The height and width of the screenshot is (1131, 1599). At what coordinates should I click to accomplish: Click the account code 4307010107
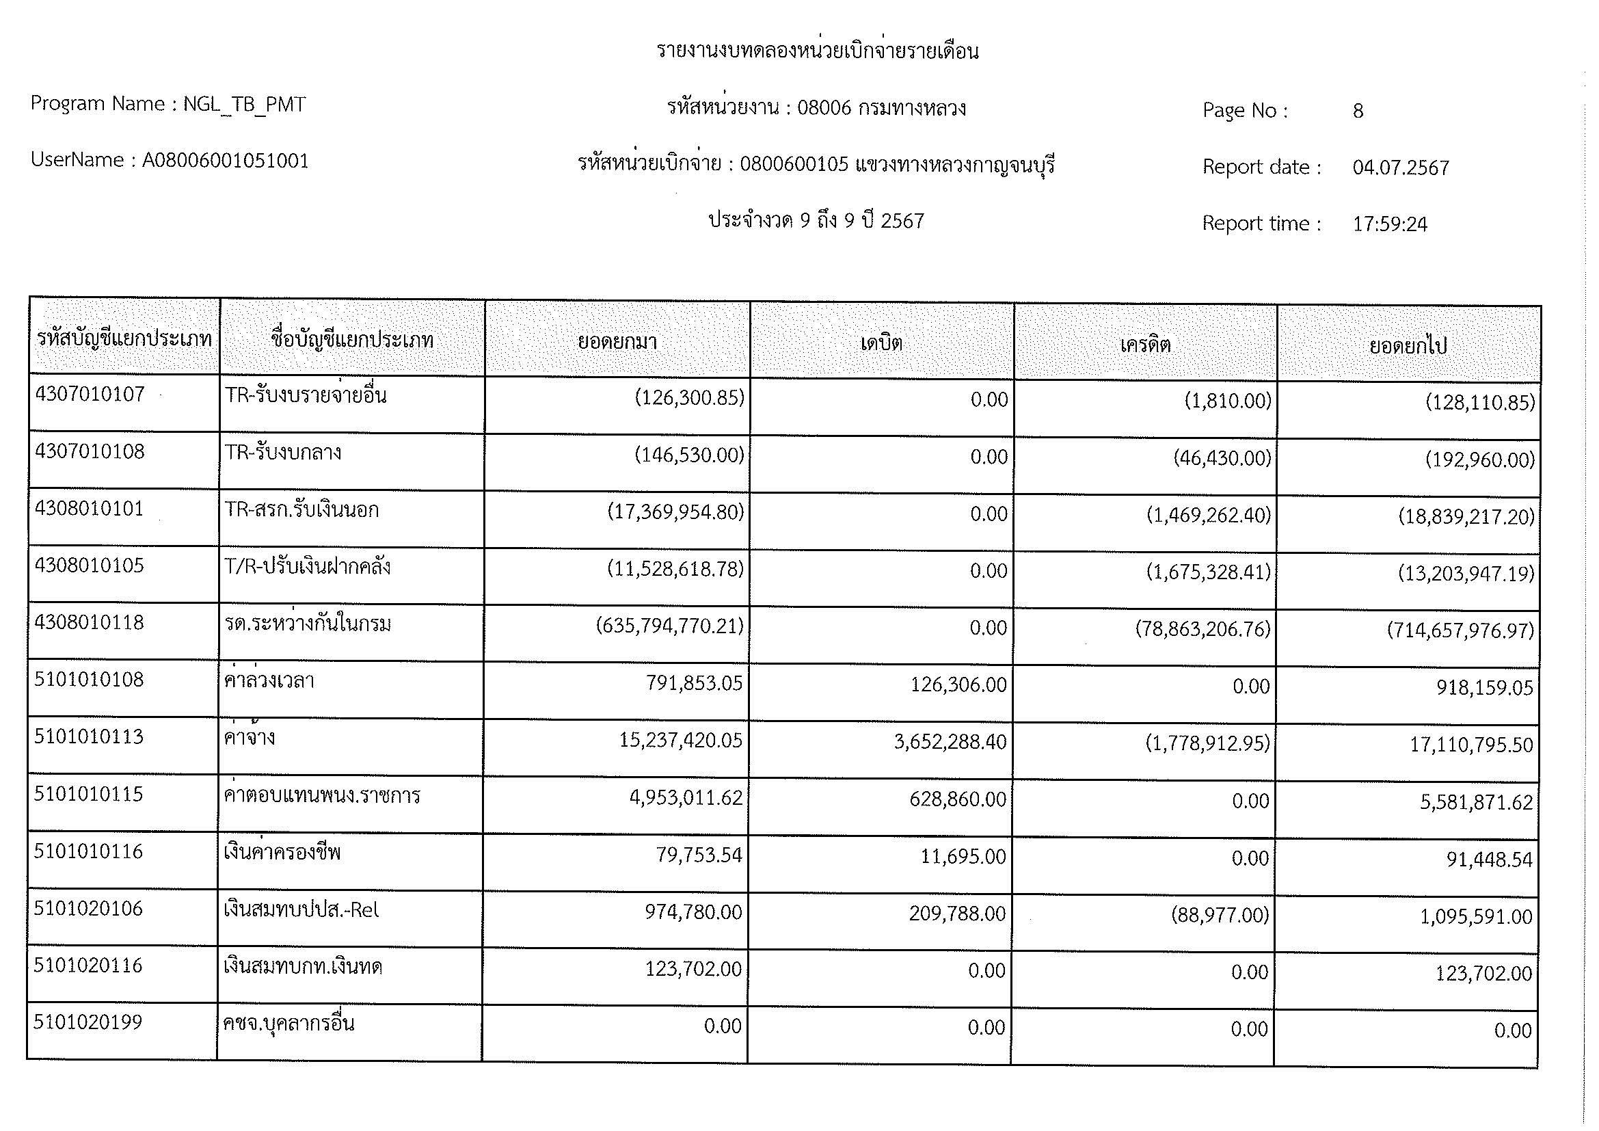[x=90, y=395]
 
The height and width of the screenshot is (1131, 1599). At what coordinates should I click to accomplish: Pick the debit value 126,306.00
[x=958, y=685]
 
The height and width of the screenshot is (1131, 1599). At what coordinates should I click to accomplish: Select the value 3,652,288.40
[x=950, y=743]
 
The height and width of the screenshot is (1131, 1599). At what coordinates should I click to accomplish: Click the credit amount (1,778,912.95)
[x=1207, y=744]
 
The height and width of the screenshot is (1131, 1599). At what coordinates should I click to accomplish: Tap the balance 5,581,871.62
[x=1477, y=803]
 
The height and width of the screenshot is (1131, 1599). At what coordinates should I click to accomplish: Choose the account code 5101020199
[x=88, y=1022]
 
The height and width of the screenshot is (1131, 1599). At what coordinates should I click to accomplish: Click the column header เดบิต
[x=882, y=343]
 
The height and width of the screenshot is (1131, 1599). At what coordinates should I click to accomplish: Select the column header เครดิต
[x=1145, y=345]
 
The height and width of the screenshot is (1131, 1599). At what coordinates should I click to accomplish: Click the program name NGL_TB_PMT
[x=245, y=105]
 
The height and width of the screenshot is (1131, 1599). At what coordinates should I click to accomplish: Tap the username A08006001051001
[x=226, y=161]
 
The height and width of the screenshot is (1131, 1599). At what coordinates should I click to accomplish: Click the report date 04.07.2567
[x=1401, y=168]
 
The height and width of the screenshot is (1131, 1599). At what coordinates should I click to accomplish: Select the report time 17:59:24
[x=1390, y=224]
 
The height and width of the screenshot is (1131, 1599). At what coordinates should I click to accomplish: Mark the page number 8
[x=1358, y=111]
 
